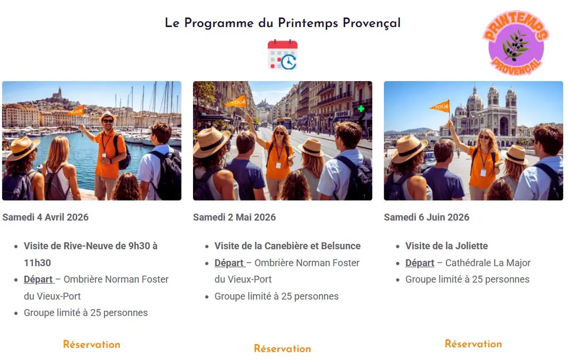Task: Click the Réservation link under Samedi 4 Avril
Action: [x=92, y=344]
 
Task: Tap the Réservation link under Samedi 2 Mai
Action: [x=282, y=349]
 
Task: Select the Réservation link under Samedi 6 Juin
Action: [x=473, y=344]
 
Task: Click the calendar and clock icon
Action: [x=283, y=55]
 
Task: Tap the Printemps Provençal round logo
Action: [x=516, y=43]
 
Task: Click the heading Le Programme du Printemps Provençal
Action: [x=283, y=23]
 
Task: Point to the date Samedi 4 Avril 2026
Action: [x=46, y=217]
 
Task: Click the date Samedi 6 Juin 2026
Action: [x=426, y=217]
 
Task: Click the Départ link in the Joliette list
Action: [x=420, y=263]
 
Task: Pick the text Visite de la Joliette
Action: [x=446, y=246]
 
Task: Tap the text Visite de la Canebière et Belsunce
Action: [x=287, y=246]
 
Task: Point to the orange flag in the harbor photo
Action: [x=77, y=111]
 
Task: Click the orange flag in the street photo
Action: [x=237, y=101]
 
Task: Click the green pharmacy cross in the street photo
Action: [x=361, y=108]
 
